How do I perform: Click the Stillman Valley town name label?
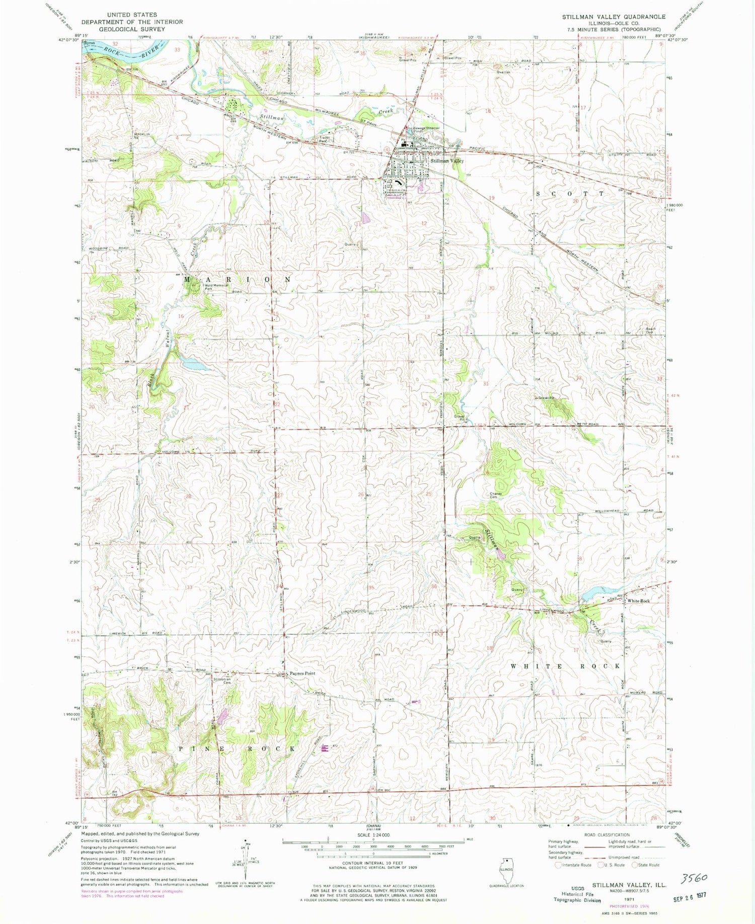tap(447, 161)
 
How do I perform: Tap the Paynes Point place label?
tap(302, 674)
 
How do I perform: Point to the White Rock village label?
tap(638, 601)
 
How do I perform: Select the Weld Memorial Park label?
tap(216, 287)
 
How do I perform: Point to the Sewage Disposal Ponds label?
tap(426, 130)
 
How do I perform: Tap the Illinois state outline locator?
tap(506, 869)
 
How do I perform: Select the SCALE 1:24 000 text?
tap(372, 834)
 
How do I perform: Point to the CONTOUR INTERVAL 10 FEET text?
tap(372, 863)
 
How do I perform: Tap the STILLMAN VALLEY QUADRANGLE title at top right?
tap(614, 17)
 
